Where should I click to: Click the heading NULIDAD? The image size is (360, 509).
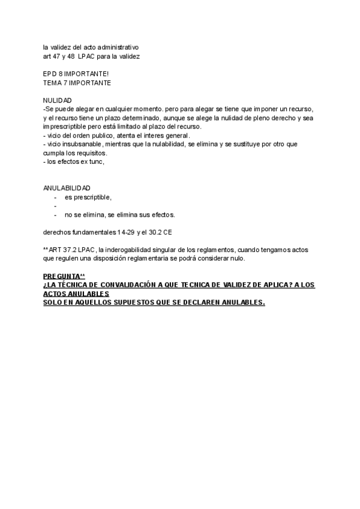58,100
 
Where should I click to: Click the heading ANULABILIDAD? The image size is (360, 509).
67,188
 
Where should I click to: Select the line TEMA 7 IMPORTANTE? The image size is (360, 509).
77,82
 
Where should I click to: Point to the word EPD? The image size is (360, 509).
51,73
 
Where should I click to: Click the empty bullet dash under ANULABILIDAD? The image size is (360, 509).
55,206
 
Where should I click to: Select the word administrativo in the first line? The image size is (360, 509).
118,47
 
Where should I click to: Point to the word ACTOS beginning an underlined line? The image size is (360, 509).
56,294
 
